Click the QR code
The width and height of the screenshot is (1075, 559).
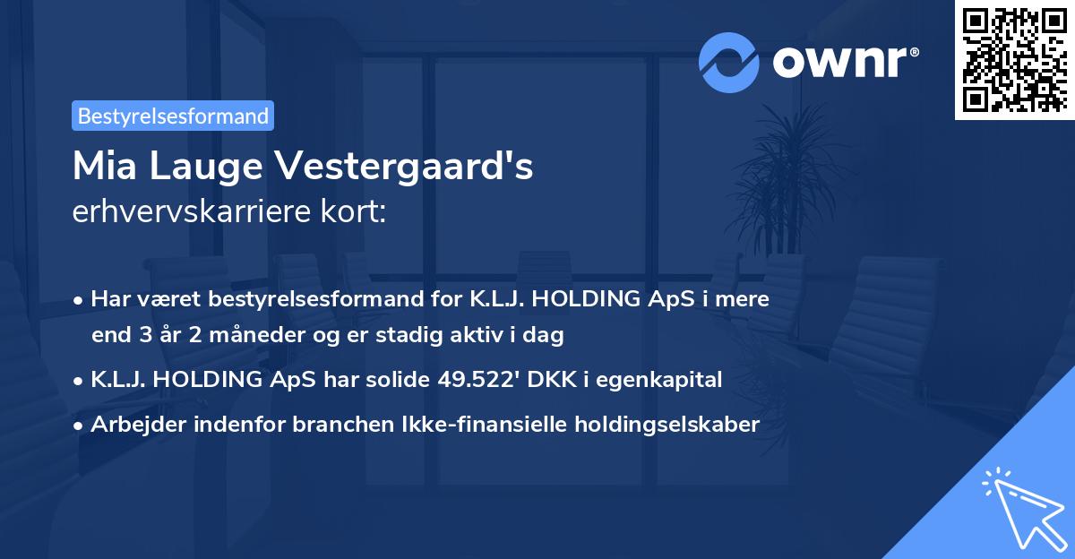pyautogui.click(x=1015, y=59)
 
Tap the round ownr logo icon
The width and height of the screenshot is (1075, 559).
pyautogui.click(x=729, y=62)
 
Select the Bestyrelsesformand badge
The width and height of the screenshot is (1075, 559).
pyautogui.click(x=173, y=116)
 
